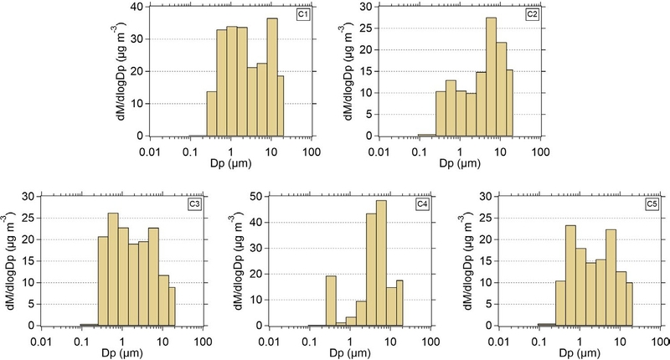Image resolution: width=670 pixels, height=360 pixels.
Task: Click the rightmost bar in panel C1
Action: [281, 105]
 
